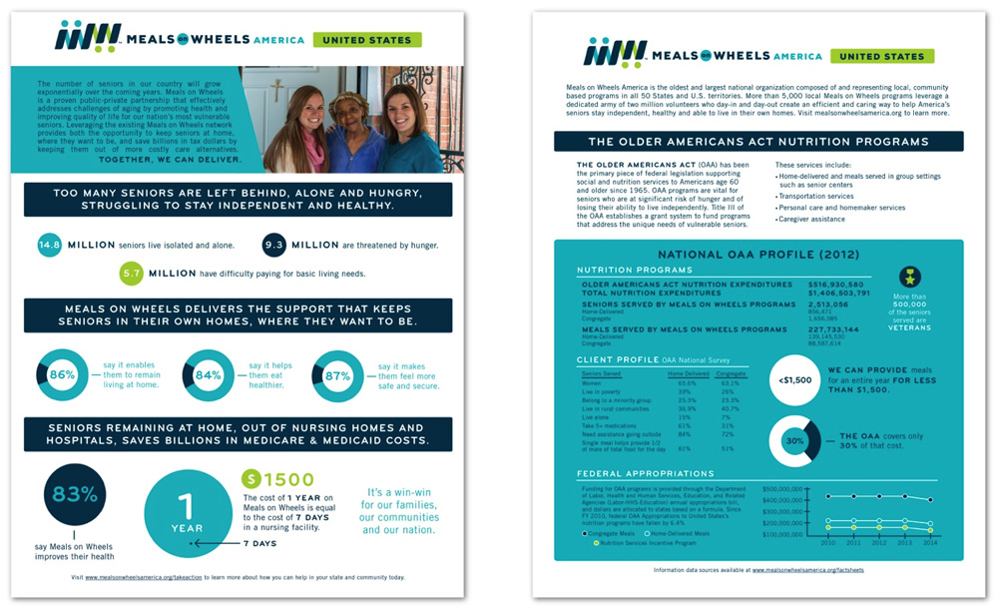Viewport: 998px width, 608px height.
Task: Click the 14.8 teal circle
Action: [50, 245]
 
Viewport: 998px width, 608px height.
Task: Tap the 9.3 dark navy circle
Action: [275, 245]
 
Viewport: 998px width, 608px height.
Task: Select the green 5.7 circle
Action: [132, 273]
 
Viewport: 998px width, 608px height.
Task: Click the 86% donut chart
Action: [62, 375]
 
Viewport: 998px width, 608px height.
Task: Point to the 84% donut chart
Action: [209, 375]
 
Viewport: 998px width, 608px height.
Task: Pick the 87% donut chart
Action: [337, 375]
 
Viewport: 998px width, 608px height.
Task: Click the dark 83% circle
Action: [75, 494]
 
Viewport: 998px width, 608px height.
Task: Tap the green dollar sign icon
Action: [252, 480]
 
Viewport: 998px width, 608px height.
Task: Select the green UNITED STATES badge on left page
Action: [366, 40]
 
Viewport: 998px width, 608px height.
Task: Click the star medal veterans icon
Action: [910, 278]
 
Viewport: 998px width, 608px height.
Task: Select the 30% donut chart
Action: [794, 440]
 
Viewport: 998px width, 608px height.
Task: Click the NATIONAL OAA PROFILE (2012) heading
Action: [758, 255]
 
